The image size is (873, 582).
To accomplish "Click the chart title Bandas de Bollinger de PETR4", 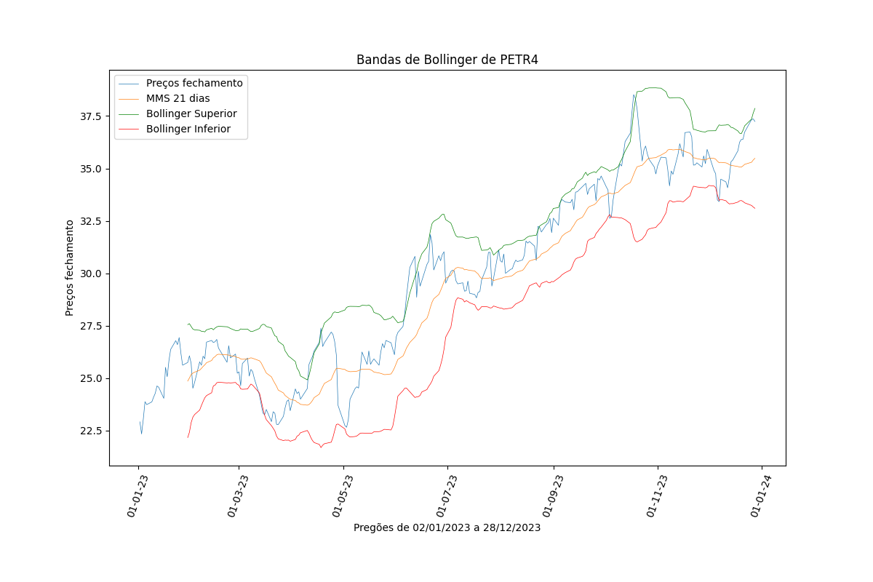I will pos(447,60).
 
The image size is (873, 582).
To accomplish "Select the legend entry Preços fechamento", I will pos(194,83).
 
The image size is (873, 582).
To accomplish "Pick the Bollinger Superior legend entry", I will pos(191,113).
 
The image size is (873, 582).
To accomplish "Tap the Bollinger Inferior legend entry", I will pos(188,129).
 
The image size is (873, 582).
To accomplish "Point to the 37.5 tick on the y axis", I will pos(91,116).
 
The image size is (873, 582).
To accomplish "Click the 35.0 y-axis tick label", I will pos(91,169).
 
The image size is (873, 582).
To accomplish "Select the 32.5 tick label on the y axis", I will pos(91,221).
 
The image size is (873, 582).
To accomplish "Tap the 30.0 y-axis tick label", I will pos(91,274).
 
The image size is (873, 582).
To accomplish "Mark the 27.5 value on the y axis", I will pos(91,326).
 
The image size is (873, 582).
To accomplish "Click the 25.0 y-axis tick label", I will pos(91,378).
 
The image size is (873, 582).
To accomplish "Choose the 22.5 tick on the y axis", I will pos(91,431).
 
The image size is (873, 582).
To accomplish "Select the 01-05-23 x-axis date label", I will pos(342,495).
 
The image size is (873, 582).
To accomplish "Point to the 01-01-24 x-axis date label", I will pos(760,495).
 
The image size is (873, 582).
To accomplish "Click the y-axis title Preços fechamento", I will pos(70,268).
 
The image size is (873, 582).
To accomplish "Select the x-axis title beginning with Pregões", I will pos(447,527).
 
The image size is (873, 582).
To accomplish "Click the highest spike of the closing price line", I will pos(634,95).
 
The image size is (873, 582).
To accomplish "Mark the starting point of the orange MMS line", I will pos(188,380).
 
